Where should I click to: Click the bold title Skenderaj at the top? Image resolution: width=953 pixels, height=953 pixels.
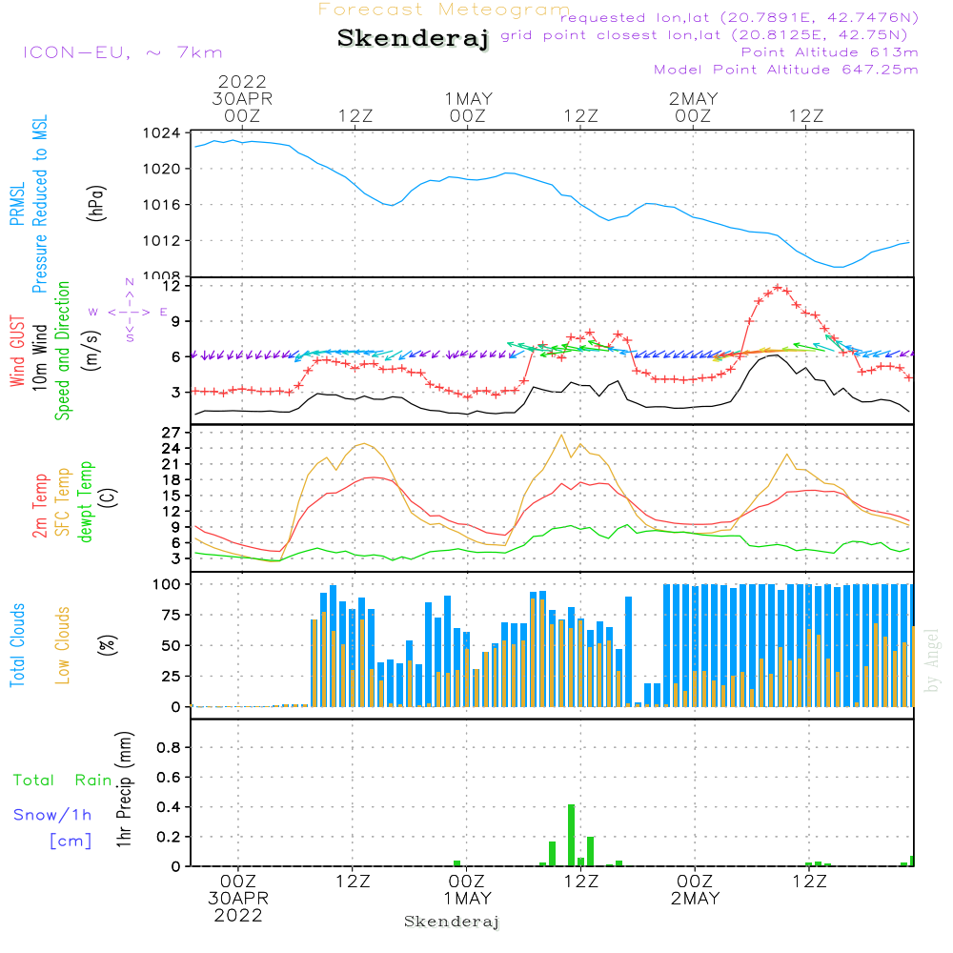point(413,39)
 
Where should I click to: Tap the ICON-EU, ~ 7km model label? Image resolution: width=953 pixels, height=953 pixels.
point(122,52)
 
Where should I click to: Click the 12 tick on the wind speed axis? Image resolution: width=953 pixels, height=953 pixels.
point(171,286)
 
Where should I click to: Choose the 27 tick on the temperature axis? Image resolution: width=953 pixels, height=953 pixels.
point(171,432)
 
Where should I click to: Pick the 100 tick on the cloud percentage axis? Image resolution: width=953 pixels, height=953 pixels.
point(167,583)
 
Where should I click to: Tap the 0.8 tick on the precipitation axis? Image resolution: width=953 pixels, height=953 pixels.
point(168,748)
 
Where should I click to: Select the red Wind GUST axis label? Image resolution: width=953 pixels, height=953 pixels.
point(18,353)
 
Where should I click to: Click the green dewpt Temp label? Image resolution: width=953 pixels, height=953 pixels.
point(86,502)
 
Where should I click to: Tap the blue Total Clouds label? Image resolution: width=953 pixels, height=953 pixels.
point(18,644)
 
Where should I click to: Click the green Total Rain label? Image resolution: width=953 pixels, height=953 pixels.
point(62,781)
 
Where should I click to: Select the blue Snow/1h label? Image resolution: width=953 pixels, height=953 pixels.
point(52,815)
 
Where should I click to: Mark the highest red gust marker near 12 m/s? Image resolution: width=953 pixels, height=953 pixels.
point(779,286)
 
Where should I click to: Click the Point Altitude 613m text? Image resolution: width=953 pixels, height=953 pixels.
point(829,52)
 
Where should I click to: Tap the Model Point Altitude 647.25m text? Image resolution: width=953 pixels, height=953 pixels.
point(786,70)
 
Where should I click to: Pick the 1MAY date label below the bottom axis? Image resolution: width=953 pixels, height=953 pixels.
point(467,899)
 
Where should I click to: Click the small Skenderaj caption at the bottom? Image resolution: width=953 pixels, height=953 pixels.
point(452,922)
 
